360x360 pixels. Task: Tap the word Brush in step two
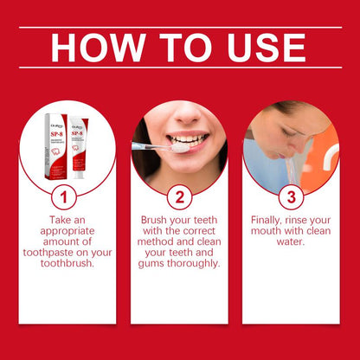point(157,220)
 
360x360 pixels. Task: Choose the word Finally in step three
point(269,220)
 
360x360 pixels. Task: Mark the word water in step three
point(290,244)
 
